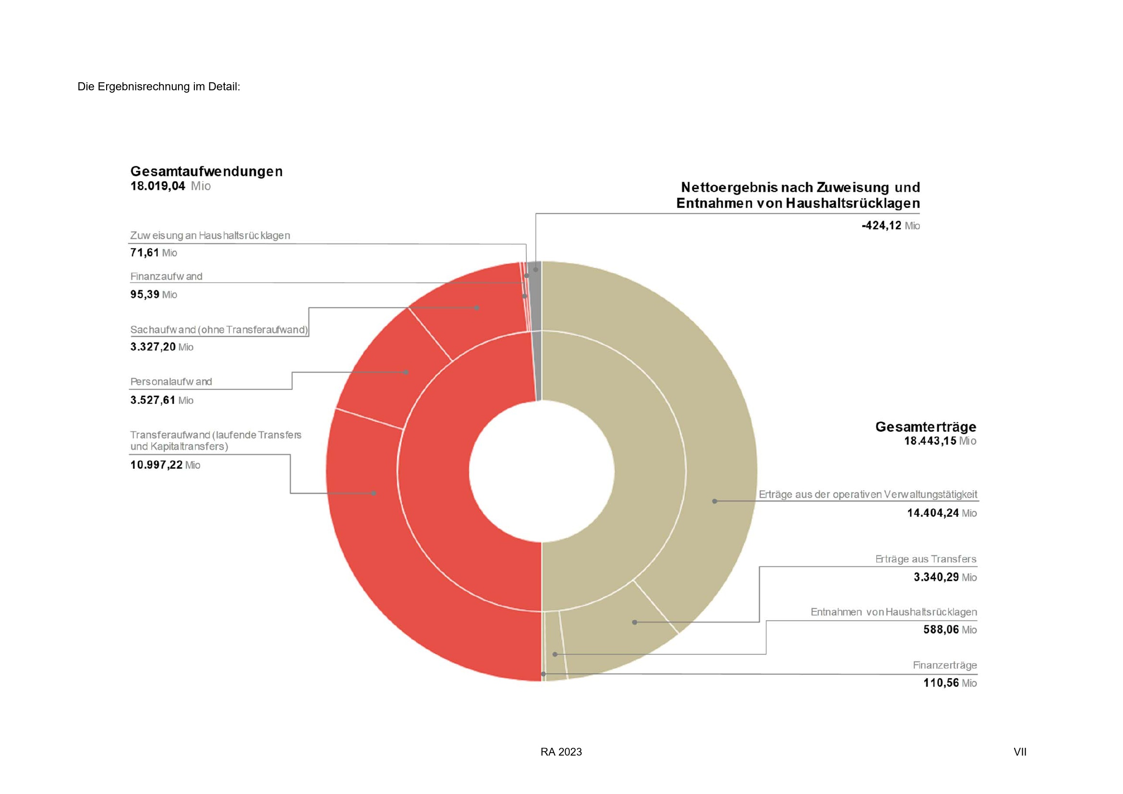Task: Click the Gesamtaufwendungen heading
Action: pos(206,171)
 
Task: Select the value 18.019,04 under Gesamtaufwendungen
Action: pos(158,186)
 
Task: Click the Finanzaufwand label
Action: pos(166,276)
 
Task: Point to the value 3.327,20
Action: pos(153,347)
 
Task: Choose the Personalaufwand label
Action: pos(171,381)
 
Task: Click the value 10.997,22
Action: pos(156,465)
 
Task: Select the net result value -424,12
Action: pos(881,226)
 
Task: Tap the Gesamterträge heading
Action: pos(925,427)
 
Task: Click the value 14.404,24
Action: pos(933,513)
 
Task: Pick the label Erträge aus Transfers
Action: pos(925,559)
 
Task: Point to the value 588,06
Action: pos(941,630)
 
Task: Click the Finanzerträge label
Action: pos(944,665)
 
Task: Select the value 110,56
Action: pos(941,683)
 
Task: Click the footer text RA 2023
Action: pos(561,752)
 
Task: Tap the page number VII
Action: pos(1020,752)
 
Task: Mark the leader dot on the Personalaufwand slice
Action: pos(406,372)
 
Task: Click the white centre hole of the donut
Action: pos(542,471)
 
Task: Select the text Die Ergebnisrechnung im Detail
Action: pos(158,86)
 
